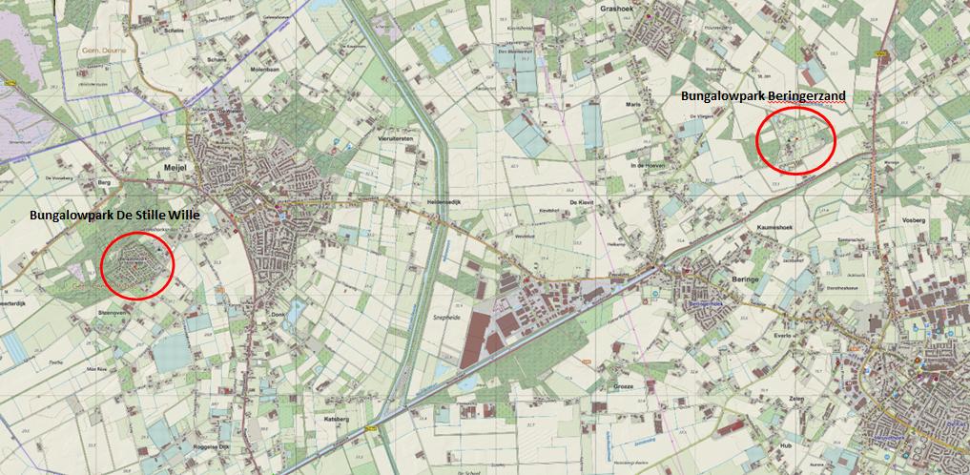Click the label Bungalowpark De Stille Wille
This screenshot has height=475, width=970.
[x=114, y=216]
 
